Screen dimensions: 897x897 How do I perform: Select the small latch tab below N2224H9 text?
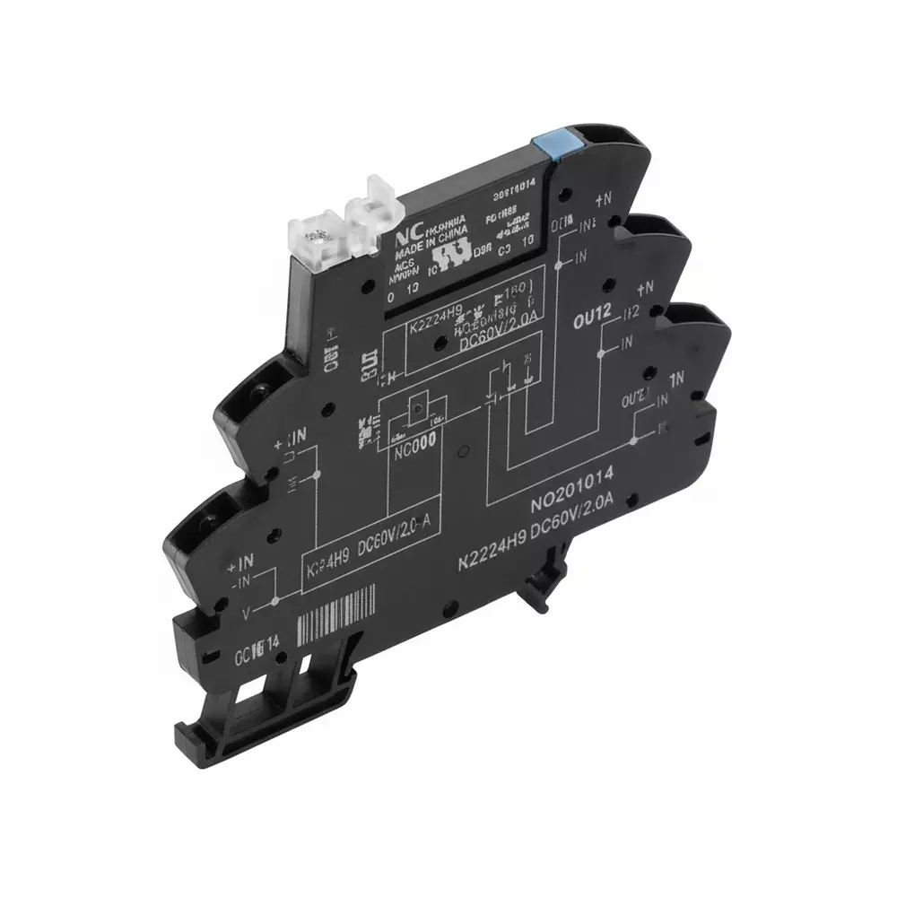(538, 591)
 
